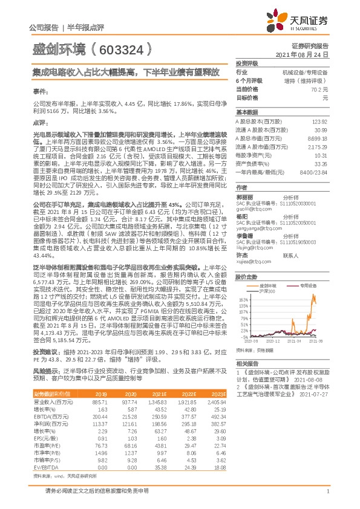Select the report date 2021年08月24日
click(307, 54)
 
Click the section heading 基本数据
click(246, 113)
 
